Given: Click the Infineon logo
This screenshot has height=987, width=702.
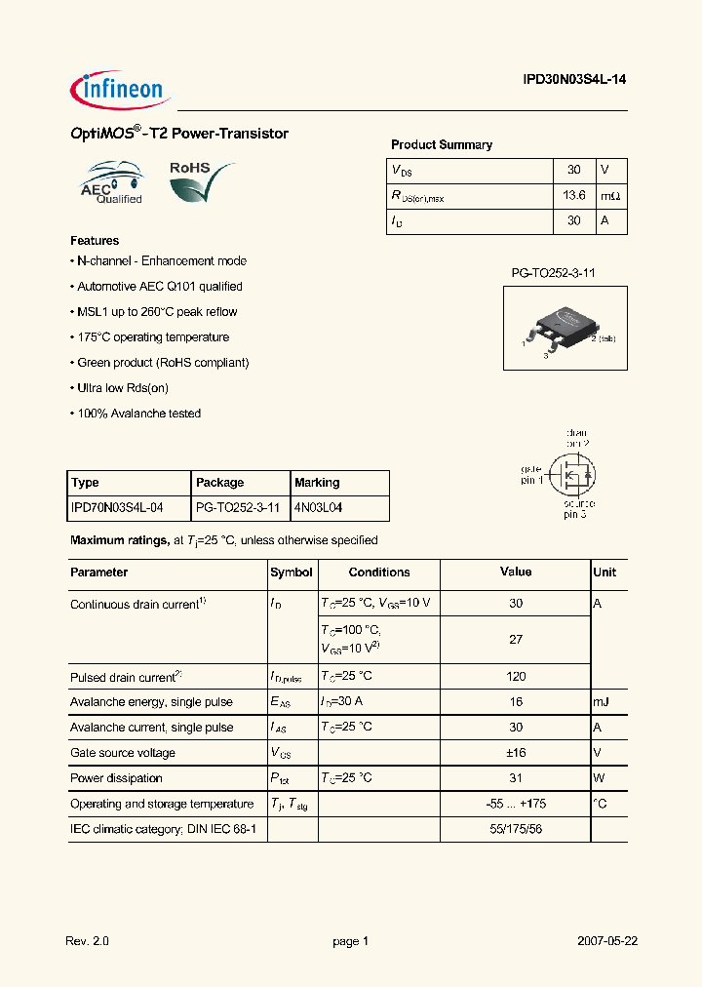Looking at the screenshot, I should (x=121, y=90).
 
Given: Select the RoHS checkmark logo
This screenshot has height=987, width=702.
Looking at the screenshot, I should (x=201, y=181).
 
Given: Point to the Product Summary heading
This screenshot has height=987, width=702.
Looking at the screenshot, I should (x=442, y=144).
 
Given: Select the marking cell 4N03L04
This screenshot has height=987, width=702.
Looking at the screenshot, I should (x=318, y=508).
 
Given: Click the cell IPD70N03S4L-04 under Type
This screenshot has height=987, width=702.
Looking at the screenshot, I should (x=118, y=508).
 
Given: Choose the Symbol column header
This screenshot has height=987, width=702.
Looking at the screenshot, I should (x=292, y=572).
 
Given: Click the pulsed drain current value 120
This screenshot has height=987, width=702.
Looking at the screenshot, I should (x=516, y=676).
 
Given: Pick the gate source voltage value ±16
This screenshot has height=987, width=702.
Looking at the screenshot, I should (x=516, y=753).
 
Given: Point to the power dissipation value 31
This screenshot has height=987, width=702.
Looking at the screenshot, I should (x=516, y=778).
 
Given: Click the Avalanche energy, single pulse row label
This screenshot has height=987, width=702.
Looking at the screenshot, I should (x=151, y=701).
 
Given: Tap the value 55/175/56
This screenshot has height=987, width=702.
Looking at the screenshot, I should (x=516, y=829).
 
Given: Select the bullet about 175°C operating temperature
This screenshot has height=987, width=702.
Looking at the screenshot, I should (x=150, y=337).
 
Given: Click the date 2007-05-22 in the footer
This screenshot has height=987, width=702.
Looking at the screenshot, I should (x=607, y=941).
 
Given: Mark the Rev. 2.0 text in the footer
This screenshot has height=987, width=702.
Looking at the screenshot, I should (x=88, y=941).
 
